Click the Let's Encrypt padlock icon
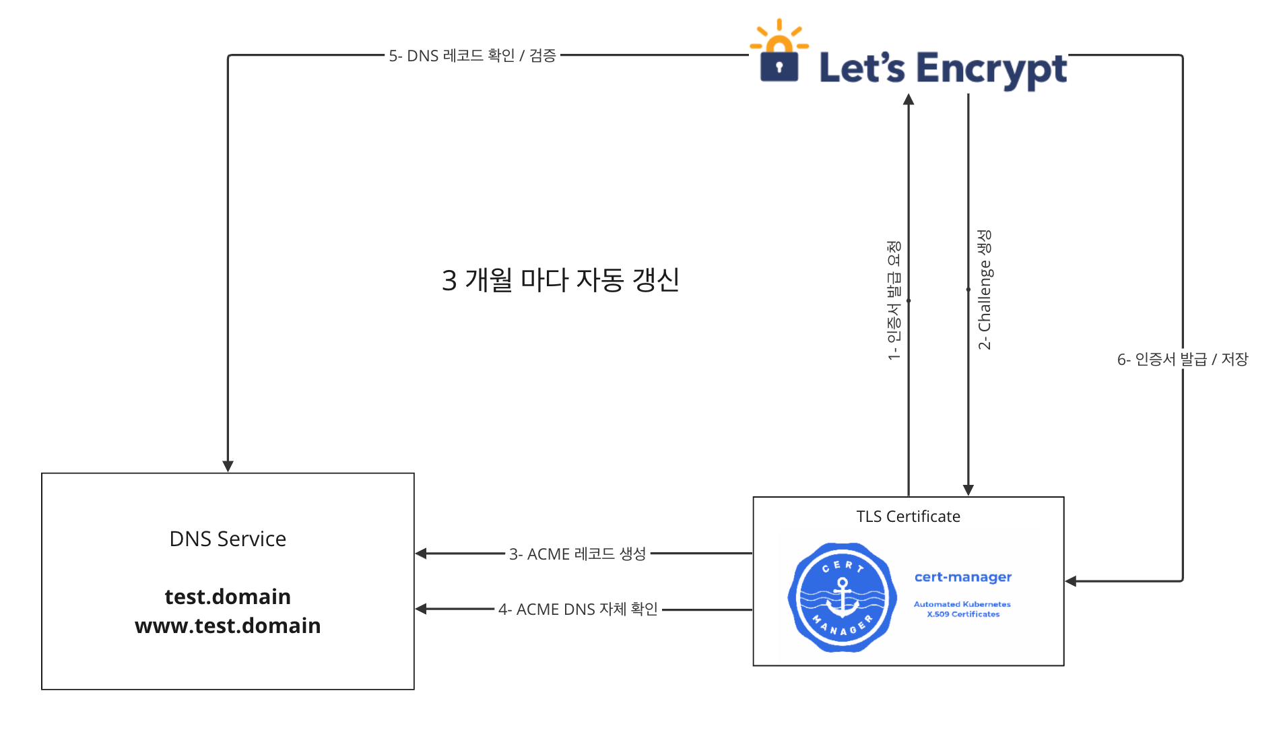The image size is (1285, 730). click(779, 61)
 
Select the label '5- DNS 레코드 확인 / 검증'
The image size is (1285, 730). click(472, 55)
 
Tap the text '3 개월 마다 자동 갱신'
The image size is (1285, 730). click(560, 279)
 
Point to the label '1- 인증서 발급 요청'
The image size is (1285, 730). click(894, 300)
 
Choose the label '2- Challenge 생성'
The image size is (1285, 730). click(985, 290)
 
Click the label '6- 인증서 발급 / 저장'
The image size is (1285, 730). click(1182, 359)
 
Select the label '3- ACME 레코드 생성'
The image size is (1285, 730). click(577, 554)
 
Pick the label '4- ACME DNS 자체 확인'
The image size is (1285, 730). click(578, 609)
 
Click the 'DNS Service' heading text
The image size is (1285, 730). click(228, 539)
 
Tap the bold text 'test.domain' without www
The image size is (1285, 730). click(228, 597)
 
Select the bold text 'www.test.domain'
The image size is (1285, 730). click(228, 626)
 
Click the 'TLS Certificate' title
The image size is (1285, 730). click(908, 517)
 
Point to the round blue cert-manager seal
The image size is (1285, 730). click(842, 597)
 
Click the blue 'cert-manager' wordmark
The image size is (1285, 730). click(963, 577)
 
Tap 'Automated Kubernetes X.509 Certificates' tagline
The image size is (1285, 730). click(962, 609)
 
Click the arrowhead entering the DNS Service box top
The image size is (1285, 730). click(228, 466)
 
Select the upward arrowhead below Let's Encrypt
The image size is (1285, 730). click(909, 100)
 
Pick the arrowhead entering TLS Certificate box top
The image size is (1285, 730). click(968, 490)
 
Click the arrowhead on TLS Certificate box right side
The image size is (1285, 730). click(1071, 581)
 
